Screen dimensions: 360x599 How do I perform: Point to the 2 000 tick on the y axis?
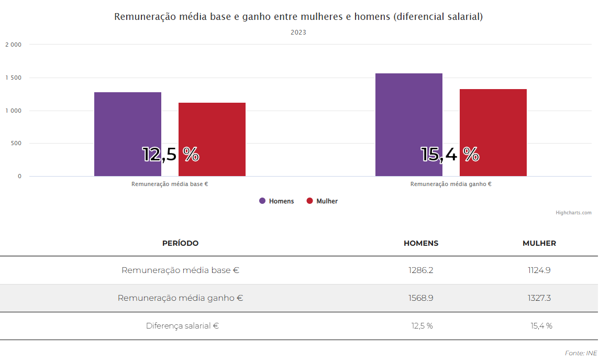click(13, 45)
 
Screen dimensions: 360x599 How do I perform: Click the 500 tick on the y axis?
click(16, 143)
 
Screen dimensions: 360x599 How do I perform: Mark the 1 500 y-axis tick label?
click(13, 78)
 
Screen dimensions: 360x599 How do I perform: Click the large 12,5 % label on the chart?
click(171, 154)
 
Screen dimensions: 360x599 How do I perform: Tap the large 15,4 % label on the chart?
click(450, 154)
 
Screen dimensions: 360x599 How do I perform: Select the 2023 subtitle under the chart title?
click(298, 32)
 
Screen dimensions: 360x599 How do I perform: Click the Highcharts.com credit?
click(573, 213)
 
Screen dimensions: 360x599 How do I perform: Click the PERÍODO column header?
click(180, 243)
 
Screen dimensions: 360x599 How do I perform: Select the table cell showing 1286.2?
click(421, 270)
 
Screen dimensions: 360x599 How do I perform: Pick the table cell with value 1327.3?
click(539, 298)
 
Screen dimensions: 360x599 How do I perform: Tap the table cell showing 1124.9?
click(539, 270)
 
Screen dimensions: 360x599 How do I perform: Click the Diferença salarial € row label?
click(182, 326)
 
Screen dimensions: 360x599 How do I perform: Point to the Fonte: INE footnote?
click(581, 353)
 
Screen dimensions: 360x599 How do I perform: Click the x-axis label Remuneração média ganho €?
click(451, 184)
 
